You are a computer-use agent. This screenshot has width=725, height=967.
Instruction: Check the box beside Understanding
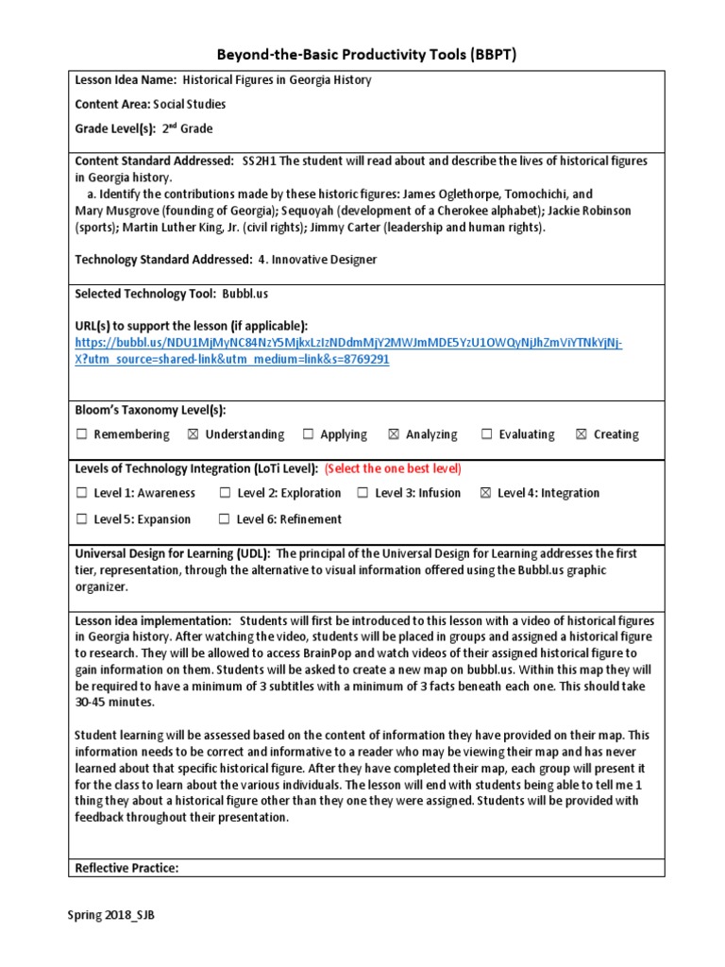tap(193, 434)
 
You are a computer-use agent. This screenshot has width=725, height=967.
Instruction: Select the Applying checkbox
tap(308, 434)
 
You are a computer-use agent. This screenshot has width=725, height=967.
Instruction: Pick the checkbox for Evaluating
tap(486, 434)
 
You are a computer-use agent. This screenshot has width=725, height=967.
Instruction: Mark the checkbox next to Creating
tap(581, 434)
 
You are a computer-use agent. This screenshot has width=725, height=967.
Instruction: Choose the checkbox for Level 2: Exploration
tap(225, 493)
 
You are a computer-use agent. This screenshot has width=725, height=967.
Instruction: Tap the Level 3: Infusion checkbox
tap(362, 493)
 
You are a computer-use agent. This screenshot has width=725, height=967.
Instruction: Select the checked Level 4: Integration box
tap(485, 493)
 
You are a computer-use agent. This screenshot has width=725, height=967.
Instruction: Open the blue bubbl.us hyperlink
tap(348, 342)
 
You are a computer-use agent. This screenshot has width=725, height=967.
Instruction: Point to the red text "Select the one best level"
tap(393, 468)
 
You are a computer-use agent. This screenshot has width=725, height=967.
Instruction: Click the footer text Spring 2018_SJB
tap(110, 915)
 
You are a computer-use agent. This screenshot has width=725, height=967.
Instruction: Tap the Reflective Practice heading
tap(126, 868)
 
